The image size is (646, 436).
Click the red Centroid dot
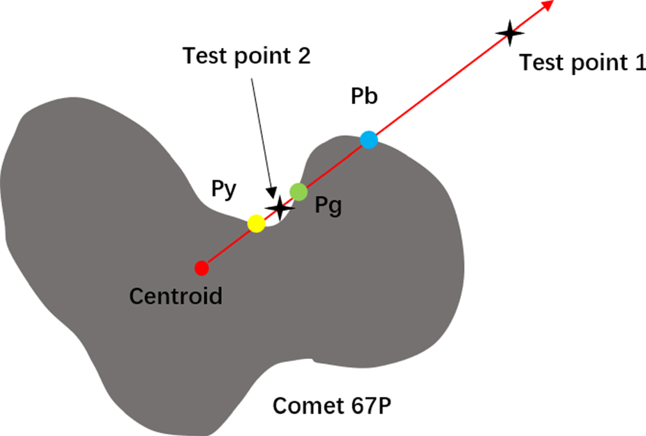pos(201,267)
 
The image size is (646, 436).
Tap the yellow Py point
pos(256,224)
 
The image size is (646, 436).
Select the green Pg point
pos(298,192)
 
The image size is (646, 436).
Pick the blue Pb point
pos(369,140)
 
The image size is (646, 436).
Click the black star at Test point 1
pos(509,33)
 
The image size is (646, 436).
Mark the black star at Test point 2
pos(280,207)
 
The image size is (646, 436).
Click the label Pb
pos(364,97)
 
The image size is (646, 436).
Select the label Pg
pos(328,206)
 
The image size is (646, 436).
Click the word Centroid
pos(176,296)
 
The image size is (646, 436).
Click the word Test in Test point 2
pos(203,56)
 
